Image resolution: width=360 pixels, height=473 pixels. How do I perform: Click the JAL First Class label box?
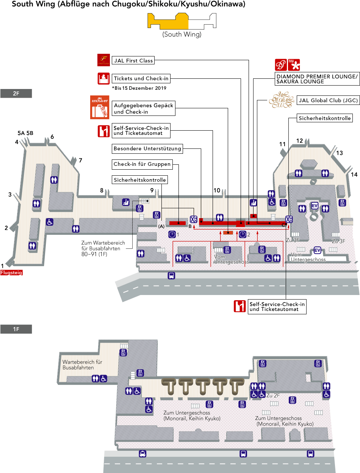133,60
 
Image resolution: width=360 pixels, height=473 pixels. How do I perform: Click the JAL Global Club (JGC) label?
328,100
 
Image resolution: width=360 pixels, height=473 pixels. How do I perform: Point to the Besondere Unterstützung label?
147,149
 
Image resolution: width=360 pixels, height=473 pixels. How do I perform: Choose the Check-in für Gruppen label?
142,164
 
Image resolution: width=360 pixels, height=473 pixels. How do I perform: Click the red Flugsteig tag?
11,272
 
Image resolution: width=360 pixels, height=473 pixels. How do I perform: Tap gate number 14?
354,175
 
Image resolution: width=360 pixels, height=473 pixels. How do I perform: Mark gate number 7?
80,161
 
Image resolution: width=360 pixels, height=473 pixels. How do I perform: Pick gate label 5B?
30,133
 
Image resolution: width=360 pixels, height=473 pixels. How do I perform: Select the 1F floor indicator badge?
16,329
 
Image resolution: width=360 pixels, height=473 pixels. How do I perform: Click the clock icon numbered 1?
172,234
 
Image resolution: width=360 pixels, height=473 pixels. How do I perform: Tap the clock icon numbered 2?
243,234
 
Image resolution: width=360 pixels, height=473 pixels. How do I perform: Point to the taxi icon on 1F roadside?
142,454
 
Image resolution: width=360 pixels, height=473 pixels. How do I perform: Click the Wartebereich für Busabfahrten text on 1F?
83,365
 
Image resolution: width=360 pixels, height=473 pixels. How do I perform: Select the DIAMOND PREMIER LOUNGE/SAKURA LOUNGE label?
317,79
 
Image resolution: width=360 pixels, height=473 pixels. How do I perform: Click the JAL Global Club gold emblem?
281,100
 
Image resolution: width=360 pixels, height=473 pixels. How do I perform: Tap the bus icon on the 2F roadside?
171,275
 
